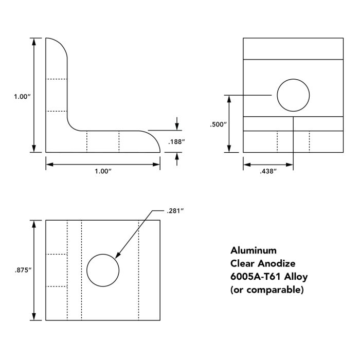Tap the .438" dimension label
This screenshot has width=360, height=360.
point(268,171)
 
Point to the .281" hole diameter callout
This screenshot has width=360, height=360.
point(175,210)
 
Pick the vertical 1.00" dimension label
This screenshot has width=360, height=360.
point(22,96)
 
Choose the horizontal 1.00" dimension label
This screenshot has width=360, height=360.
point(103,171)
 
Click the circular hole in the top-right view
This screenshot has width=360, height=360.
point(293,95)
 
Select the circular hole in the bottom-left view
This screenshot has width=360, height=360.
point(103,270)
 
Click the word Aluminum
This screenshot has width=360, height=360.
point(254,250)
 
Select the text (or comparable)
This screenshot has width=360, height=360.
point(267,290)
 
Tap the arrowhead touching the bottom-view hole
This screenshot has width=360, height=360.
point(118,256)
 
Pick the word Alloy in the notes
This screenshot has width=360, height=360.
point(297,277)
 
